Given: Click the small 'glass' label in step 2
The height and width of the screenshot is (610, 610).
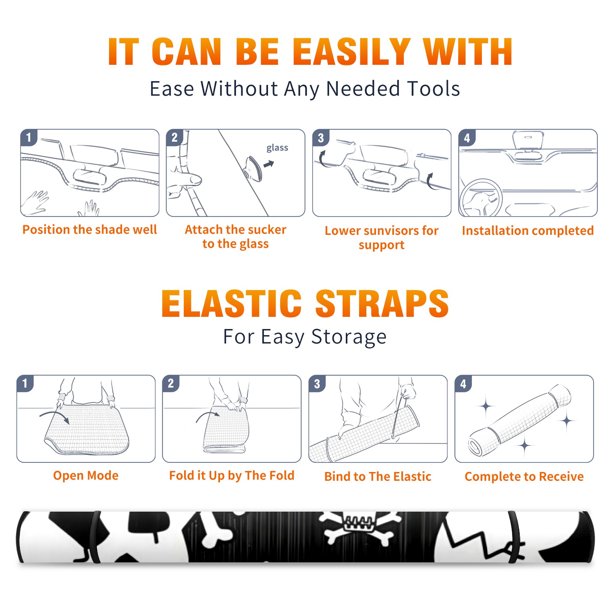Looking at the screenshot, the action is click(277, 148).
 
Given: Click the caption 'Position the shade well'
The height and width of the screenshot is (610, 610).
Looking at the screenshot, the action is click(90, 230).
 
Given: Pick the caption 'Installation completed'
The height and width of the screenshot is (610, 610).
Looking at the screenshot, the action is click(528, 231).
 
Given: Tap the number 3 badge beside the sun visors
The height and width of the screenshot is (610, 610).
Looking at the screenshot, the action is click(321, 138).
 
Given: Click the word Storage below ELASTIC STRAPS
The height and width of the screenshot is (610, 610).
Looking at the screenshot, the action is click(349, 337).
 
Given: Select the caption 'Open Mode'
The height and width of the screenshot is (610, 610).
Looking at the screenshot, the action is click(86, 475).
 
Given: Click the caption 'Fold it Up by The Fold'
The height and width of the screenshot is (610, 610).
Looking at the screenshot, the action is click(232, 475).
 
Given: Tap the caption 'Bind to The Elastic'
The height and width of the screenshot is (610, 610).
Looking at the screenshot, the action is click(378, 476).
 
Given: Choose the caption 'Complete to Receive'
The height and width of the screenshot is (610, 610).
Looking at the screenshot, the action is click(524, 476).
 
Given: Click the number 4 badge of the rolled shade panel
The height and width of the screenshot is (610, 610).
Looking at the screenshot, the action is click(463, 384).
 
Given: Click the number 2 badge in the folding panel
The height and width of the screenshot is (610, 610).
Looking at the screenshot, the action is click(171, 383).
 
